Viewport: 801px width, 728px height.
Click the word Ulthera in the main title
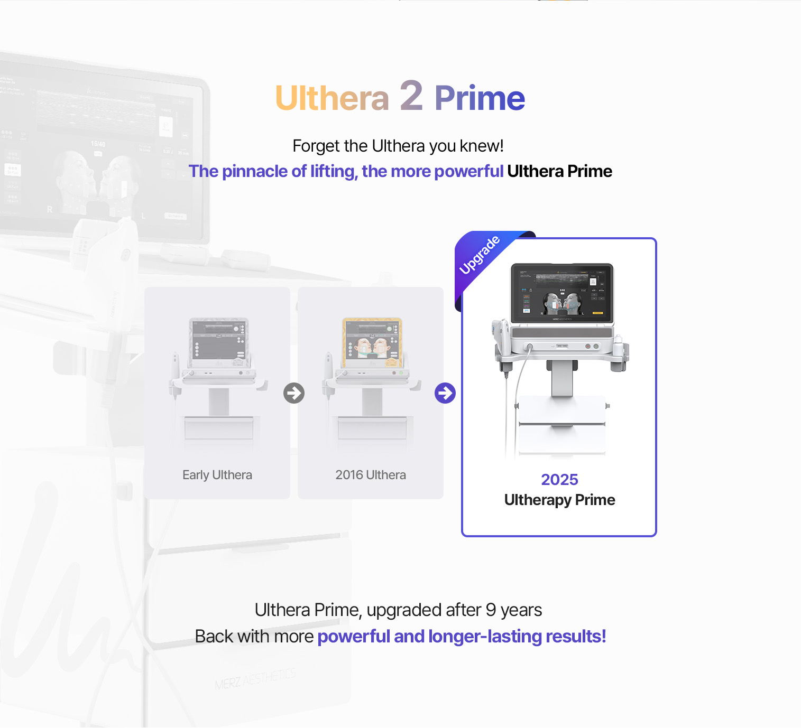coord(332,98)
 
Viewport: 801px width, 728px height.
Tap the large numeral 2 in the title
coord(411,96)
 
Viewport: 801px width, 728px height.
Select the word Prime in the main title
coord(480,98)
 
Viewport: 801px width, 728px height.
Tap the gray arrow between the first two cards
coord(294,393)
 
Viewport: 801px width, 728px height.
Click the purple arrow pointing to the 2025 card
coord(445,393)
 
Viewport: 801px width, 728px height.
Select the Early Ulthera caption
coord(217,475)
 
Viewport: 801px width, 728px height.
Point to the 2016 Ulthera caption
coord(371,475)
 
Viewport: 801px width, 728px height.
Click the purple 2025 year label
coord(559,480)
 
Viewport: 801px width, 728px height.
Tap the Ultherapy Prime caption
coord(559,500)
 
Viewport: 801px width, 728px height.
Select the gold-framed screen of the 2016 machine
coord(372,343)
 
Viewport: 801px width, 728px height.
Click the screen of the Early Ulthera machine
coord(219,343)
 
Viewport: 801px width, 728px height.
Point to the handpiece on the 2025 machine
coord(501,338)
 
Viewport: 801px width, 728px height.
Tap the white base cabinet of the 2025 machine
coord(561,425)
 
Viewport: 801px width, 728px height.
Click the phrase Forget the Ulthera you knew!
coord(398,146)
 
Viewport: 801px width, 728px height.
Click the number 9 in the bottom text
coord(491,610)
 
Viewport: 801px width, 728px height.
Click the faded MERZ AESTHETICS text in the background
coord(255,679)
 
